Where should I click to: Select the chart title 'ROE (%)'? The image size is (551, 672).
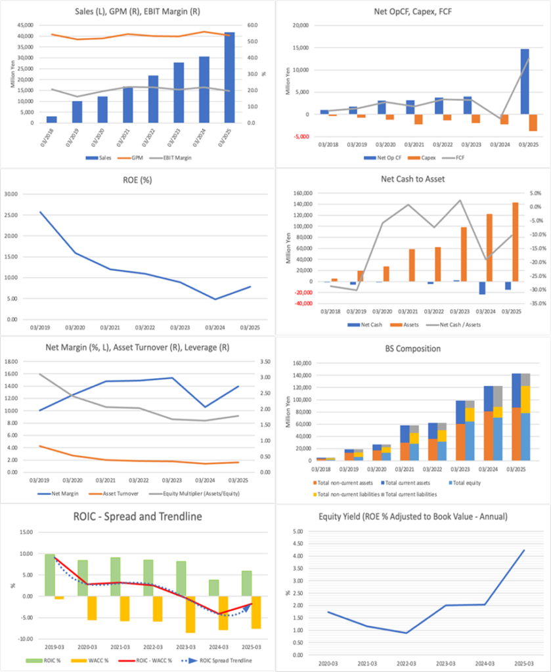[x=137, y=178]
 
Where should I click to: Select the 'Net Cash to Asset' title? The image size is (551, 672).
[x=413, y=178]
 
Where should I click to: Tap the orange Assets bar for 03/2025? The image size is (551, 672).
[x=515, y=241]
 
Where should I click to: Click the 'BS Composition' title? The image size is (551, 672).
[x=412, y=348]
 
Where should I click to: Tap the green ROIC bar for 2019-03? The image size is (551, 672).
[x=50, y=575]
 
